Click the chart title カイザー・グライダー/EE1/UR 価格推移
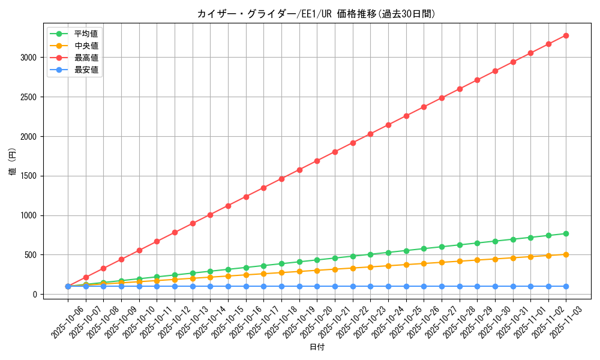pos(316,14)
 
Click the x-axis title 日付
pos(317,347)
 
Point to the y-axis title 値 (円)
pos(12,162)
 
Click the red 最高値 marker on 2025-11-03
pos(566,35)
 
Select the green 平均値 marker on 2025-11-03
pos(566,233)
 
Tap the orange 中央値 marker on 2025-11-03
pos(566,254)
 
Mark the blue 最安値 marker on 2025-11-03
pos(566,286)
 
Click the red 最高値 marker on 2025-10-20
pos(317,161)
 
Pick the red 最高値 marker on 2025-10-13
pos(193,223)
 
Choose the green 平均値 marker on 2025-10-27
pos(442,247)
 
